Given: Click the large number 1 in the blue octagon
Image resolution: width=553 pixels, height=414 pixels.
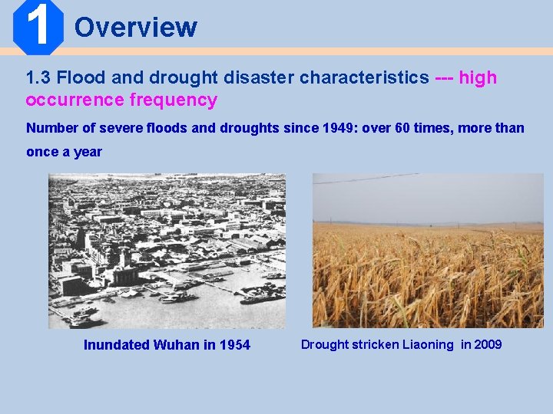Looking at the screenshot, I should [37, 26].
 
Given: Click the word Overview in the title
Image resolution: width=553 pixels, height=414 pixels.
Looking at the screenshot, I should [136, 28].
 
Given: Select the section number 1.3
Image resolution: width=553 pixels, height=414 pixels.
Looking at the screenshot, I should [38, 78].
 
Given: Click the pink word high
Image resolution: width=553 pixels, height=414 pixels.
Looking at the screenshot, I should [478, 78].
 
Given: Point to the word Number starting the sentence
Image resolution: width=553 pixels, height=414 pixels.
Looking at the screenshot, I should [51, 128].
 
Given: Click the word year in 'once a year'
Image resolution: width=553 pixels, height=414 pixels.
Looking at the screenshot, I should [88, 152].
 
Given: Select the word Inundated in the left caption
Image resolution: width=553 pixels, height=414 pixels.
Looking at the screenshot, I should [116, 345].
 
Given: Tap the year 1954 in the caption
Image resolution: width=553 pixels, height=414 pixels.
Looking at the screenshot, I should [234, 345].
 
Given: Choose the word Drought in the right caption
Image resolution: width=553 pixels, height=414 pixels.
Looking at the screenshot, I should [324, 345].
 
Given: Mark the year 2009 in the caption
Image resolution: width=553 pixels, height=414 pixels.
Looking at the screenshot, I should [488, 345].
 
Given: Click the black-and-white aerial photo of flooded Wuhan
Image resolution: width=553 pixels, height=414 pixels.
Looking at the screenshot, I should [167, 251].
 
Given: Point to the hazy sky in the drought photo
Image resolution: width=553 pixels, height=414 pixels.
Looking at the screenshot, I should [428, 198].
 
